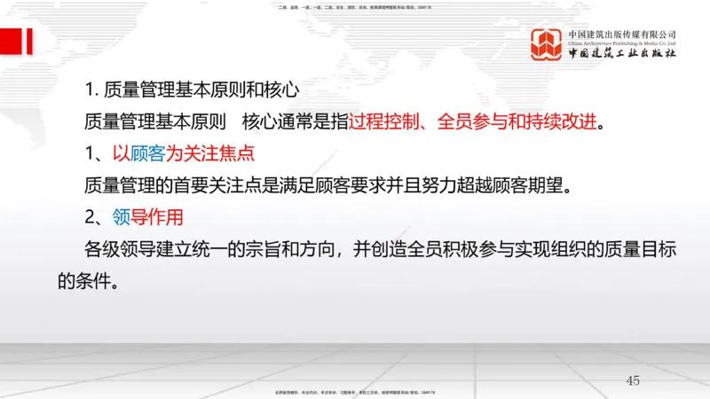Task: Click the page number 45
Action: (x=632, y=380)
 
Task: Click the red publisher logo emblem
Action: (x=548, y=44)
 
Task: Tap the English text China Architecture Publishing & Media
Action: (x=622, y=42)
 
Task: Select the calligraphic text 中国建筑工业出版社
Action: (x=622, y=52)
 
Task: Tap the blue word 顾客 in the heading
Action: (x=148, y=153)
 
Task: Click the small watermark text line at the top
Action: (x=355, y=6)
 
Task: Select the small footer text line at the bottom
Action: (x=355, y=390)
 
